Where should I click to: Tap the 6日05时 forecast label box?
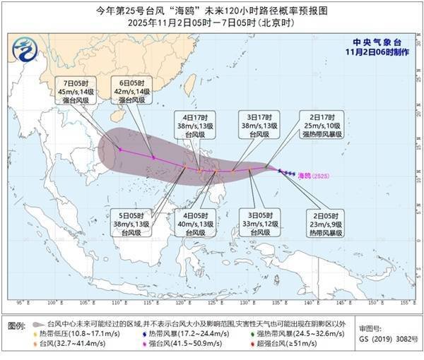tap(131, 91)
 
